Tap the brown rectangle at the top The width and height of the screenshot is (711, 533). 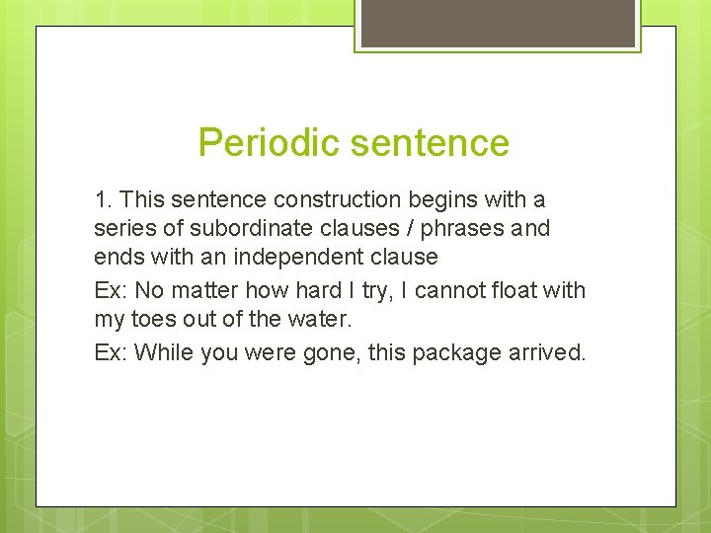pos(498,23)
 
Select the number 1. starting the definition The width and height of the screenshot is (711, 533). pos(104,200)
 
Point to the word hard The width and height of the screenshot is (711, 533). pos(278,291)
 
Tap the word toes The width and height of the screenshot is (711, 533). pos(148,320)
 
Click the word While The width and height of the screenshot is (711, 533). pos(164,352)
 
